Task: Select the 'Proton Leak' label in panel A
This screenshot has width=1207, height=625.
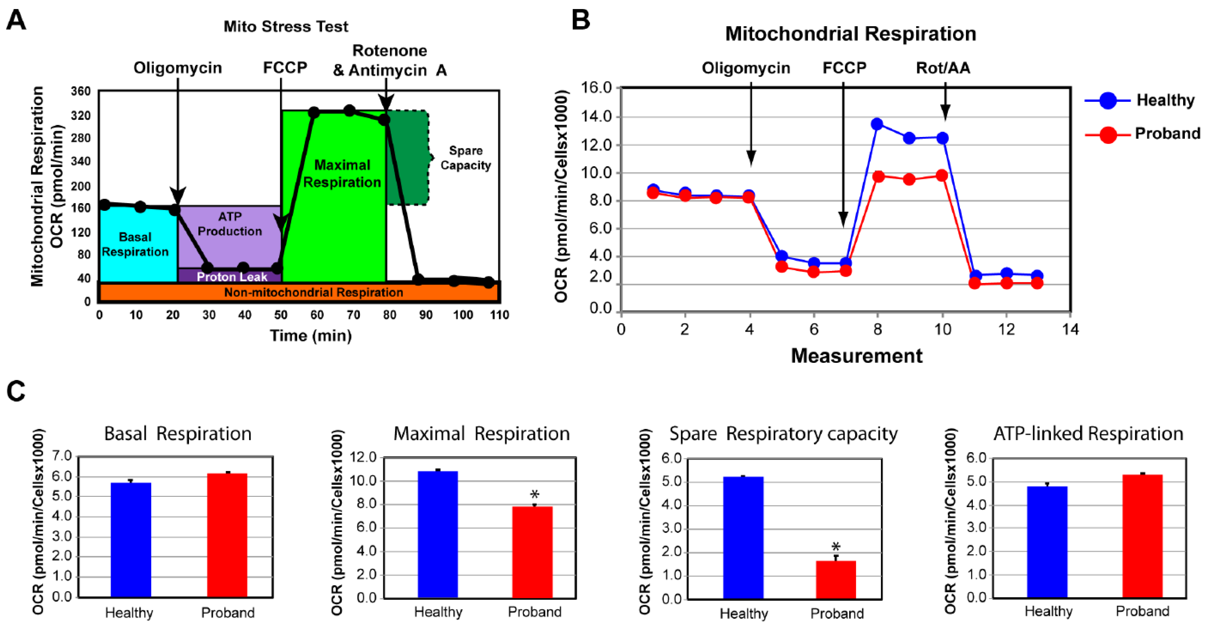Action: (x=232, y=277)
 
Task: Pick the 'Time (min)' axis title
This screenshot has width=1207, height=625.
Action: (x=311, y=335)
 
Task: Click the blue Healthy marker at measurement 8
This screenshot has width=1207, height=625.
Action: (x=877, y=124)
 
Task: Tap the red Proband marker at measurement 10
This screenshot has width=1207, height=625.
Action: (x=942, y=176)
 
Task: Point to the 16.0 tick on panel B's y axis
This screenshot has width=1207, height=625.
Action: (x=596, y=88)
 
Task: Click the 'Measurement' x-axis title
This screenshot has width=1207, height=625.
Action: (x=857, y=356)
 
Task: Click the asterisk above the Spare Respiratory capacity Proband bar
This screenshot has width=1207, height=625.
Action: (x=836, y=546)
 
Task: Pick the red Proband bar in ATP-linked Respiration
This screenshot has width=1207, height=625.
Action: (x=1142, y=536)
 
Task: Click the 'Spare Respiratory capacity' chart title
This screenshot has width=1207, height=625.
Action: (x=783, y=434)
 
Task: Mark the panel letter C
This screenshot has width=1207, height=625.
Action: (x=16, y=391)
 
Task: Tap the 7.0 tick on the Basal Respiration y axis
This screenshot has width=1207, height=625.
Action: (x=62, y=456)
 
